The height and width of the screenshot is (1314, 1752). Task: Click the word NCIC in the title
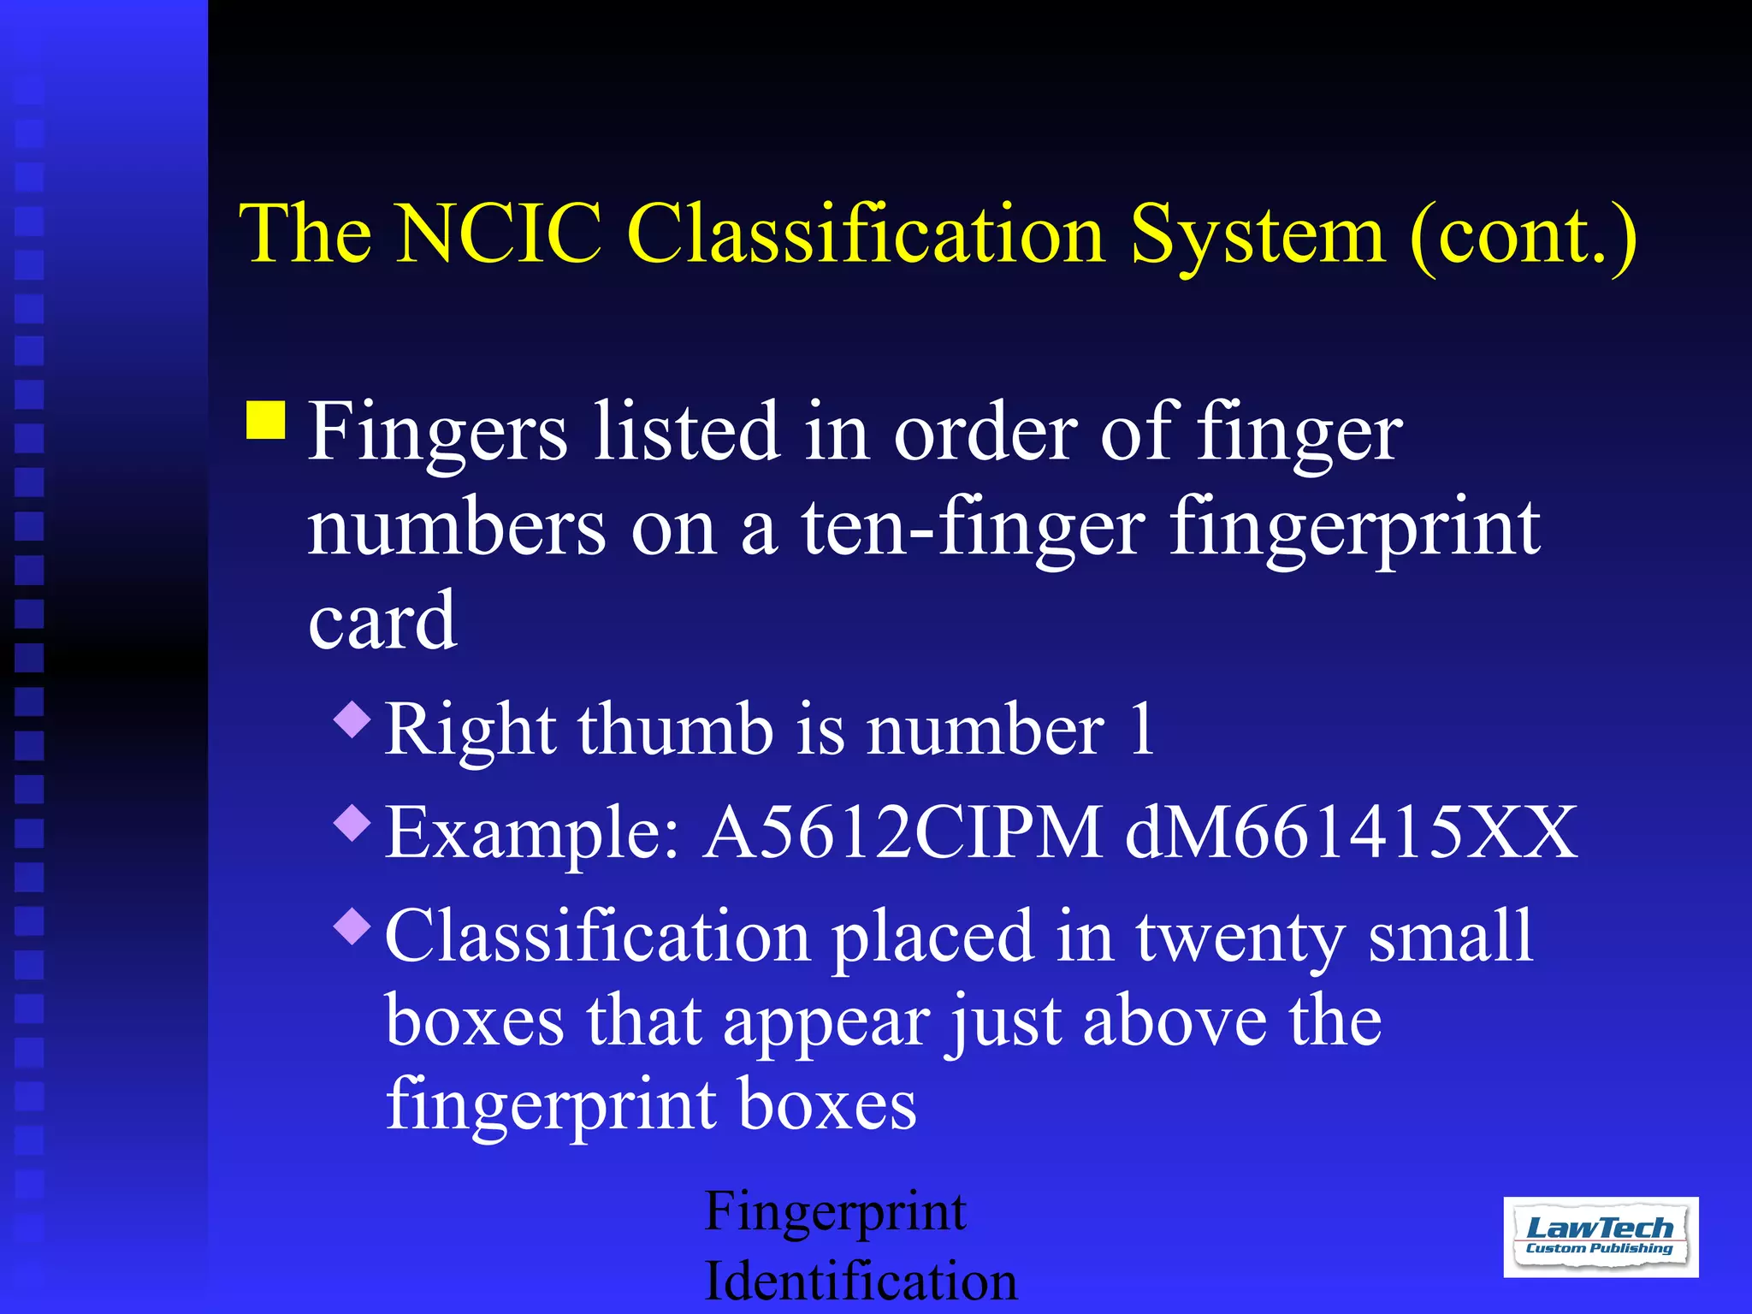(500, 234)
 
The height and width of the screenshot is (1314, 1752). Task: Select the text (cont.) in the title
(1523, 236)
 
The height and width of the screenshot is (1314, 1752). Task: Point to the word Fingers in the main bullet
(437, 433)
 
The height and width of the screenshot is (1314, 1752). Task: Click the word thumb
(676, 729)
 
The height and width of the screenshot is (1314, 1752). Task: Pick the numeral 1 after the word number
(1141, 729)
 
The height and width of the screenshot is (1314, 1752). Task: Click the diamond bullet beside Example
(352, 822)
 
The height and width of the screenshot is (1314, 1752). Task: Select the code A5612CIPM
(903, 832)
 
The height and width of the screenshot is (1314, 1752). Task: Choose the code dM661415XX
(1350, 832)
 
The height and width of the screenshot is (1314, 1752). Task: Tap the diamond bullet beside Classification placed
(352, 926)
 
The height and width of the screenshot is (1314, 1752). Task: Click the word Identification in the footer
(861, 1281)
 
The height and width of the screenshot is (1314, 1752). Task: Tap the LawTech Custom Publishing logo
(1600, 1236)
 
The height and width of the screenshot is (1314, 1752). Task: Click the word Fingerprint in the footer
(835, 1213)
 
